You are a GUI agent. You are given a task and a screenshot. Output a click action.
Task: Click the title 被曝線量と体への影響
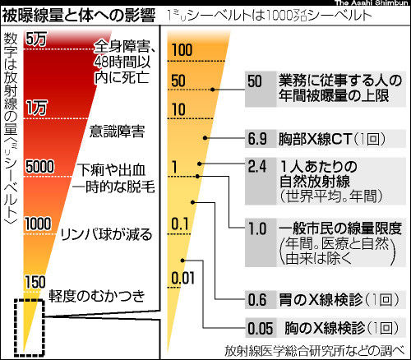pos(79,16)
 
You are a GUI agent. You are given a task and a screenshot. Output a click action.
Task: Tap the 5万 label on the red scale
pos(36,39)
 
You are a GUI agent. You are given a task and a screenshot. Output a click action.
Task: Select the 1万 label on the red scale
pos(37,108)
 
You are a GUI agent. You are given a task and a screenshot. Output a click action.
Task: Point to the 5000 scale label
pos(40,166)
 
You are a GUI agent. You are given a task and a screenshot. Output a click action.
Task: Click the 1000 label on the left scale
pos(39,224)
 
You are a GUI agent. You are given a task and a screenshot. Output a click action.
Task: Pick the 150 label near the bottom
pos(35,282)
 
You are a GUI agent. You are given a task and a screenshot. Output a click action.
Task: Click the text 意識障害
pos(118,132)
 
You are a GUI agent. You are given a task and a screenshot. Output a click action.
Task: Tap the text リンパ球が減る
pos(106,234)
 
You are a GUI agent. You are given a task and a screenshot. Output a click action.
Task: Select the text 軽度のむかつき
pos(97,296)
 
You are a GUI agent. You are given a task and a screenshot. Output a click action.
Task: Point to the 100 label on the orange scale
pos(182,50)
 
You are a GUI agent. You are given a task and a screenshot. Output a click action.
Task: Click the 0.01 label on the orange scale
pos(182,278)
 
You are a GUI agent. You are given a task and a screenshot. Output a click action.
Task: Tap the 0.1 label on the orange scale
pos(180,224)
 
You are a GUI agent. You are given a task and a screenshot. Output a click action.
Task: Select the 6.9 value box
pos(261,139)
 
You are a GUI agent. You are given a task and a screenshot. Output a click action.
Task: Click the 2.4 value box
pos(261,181)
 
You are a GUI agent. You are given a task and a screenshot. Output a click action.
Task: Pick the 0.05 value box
pos(261,328)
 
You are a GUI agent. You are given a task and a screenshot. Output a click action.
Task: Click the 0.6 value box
pos(261,299)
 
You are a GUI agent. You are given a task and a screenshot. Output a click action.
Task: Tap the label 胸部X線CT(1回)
pos(331,139)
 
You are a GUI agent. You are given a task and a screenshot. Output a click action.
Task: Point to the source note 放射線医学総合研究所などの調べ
pos(315,350)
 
